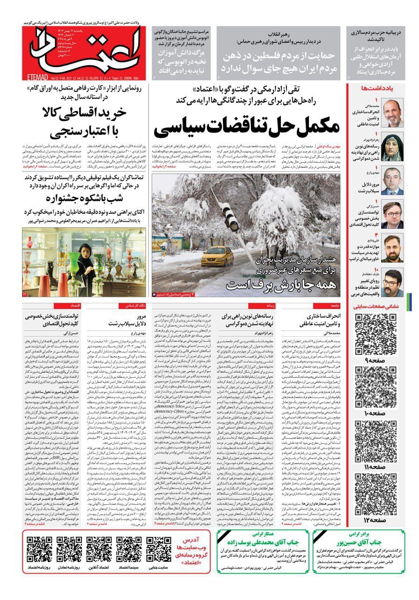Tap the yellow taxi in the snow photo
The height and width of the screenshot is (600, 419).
click(x=217, y=256)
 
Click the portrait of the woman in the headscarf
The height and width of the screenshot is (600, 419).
click(x=392, y=146)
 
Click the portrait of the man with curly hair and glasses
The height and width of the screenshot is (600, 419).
click(x=392, y=283)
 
